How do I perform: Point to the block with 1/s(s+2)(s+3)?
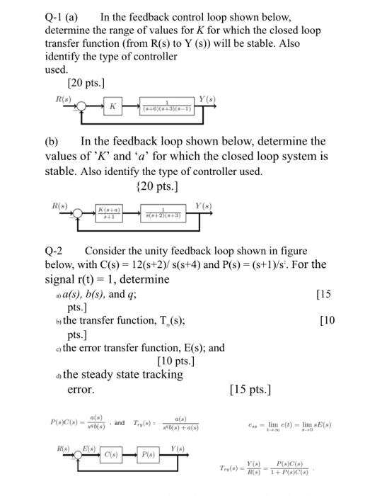166,213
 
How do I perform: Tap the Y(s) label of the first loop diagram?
207,97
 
